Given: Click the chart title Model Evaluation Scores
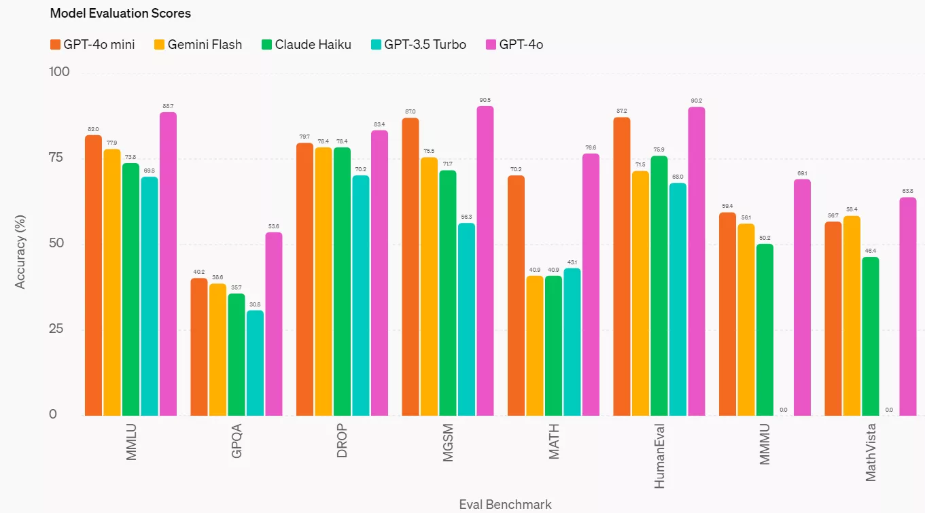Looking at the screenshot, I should coord(120,13).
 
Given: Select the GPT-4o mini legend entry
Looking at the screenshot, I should coord(92,45).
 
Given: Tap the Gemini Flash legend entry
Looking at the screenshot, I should coord(198,45).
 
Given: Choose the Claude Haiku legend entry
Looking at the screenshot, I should coord(306,45).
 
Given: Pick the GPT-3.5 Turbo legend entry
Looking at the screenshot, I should coord(418,45).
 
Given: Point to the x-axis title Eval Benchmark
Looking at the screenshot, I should coord(505,504).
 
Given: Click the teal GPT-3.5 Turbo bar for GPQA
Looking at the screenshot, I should coord(255,363).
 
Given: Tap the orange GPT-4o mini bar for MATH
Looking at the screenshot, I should coord(516,296).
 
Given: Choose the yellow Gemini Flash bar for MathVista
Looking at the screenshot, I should coord(852,315).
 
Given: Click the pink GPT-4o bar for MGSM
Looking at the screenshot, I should coord(485,261).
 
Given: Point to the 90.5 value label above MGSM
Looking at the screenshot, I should coord(485,100).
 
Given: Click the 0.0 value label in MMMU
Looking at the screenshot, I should coord(784,410).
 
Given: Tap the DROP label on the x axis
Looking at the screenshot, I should coord(343,441).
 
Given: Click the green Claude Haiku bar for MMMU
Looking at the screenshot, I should coord(765,330).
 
